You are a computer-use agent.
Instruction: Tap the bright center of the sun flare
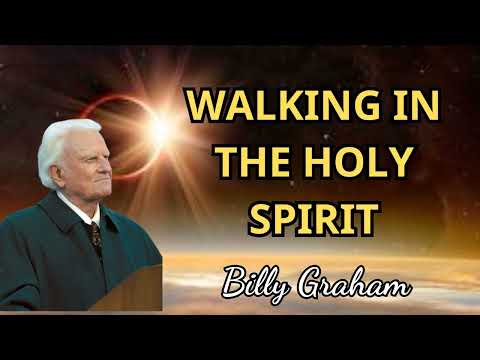(161, 126)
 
